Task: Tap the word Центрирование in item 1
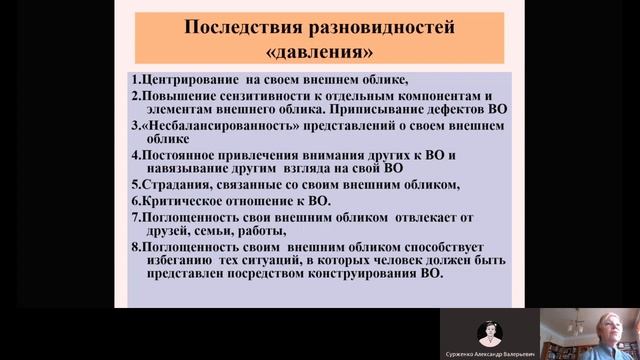[x=190, y=78]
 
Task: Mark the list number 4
[x=135, y=155]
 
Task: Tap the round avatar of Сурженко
[x=490, y=331]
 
